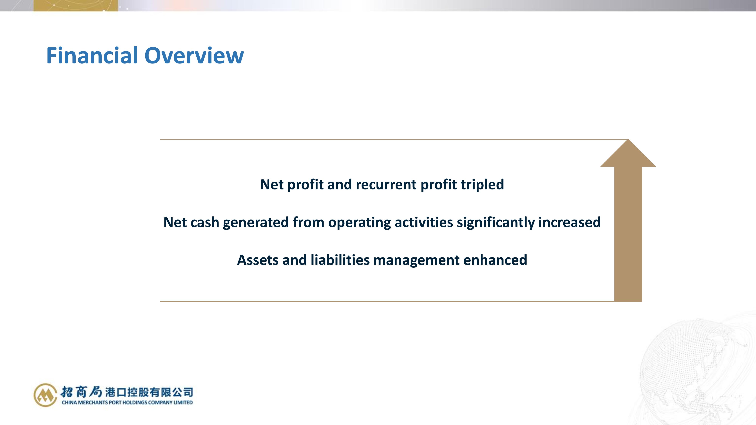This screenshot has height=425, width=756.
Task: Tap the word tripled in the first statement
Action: coord(482,185)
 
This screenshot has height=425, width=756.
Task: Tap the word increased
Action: coord(569,222)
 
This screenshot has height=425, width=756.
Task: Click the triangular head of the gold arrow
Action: coord(628,155)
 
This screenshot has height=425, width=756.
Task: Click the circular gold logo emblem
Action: coord(45,395)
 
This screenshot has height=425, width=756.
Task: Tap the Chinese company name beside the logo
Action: coord(127,392)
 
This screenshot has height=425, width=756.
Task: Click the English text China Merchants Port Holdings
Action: coord(105,402)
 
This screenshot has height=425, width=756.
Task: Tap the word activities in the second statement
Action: coord(424,222)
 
